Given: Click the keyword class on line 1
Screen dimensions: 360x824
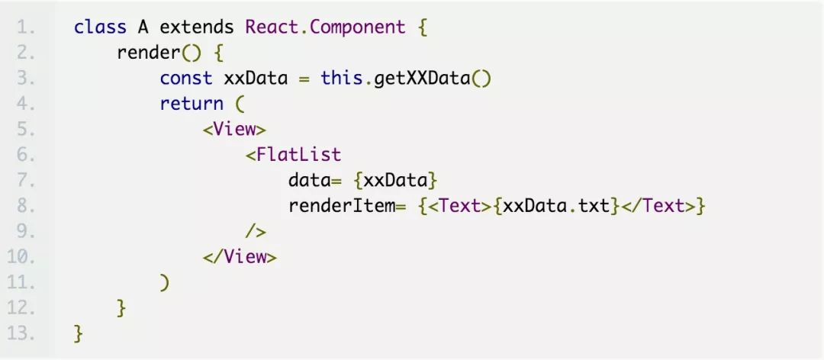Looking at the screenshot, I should click(100, 27).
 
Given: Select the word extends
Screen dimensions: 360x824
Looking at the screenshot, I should click(196, 27).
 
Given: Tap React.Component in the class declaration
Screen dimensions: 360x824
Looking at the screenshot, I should click(325, 27).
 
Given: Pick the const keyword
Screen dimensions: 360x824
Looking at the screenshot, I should click(186, 79).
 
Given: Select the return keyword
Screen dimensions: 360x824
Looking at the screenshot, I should click(192, 104).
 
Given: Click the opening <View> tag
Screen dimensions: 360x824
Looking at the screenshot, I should click(234, 129).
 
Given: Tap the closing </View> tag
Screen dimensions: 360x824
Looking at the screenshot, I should click(240, 257).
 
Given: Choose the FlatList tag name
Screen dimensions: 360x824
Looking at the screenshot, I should click(298, 155).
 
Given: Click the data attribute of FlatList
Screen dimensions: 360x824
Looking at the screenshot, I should click(308, 181).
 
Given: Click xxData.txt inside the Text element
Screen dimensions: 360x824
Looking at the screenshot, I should click(558, 206).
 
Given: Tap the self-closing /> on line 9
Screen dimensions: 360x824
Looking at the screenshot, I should click(256, 231).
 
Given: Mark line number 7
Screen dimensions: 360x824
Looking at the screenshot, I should click(26, 181).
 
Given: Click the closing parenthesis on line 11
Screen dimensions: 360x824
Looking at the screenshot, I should click(165, 282).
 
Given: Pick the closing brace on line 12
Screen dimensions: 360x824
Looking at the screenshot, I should click(121, 308).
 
